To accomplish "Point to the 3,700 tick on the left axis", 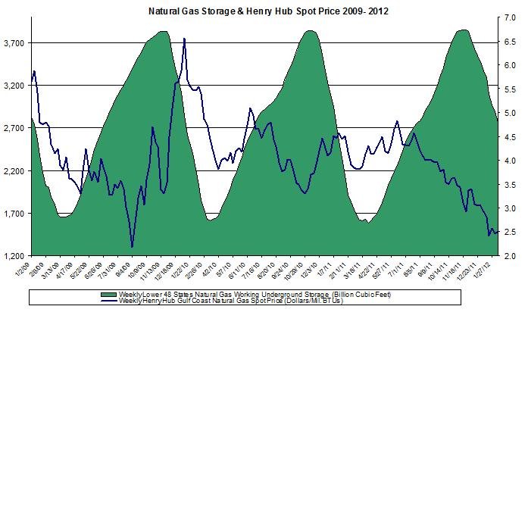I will tap(15, 43).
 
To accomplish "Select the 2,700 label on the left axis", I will tap(15, 128).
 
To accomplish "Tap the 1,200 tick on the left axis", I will tap(15, 256).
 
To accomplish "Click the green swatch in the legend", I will tap(105, 294).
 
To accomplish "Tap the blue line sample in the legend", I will tap(105, 301).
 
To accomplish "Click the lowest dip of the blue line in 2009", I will tap(132, 247).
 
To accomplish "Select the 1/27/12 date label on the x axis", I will tap(489, 267).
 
